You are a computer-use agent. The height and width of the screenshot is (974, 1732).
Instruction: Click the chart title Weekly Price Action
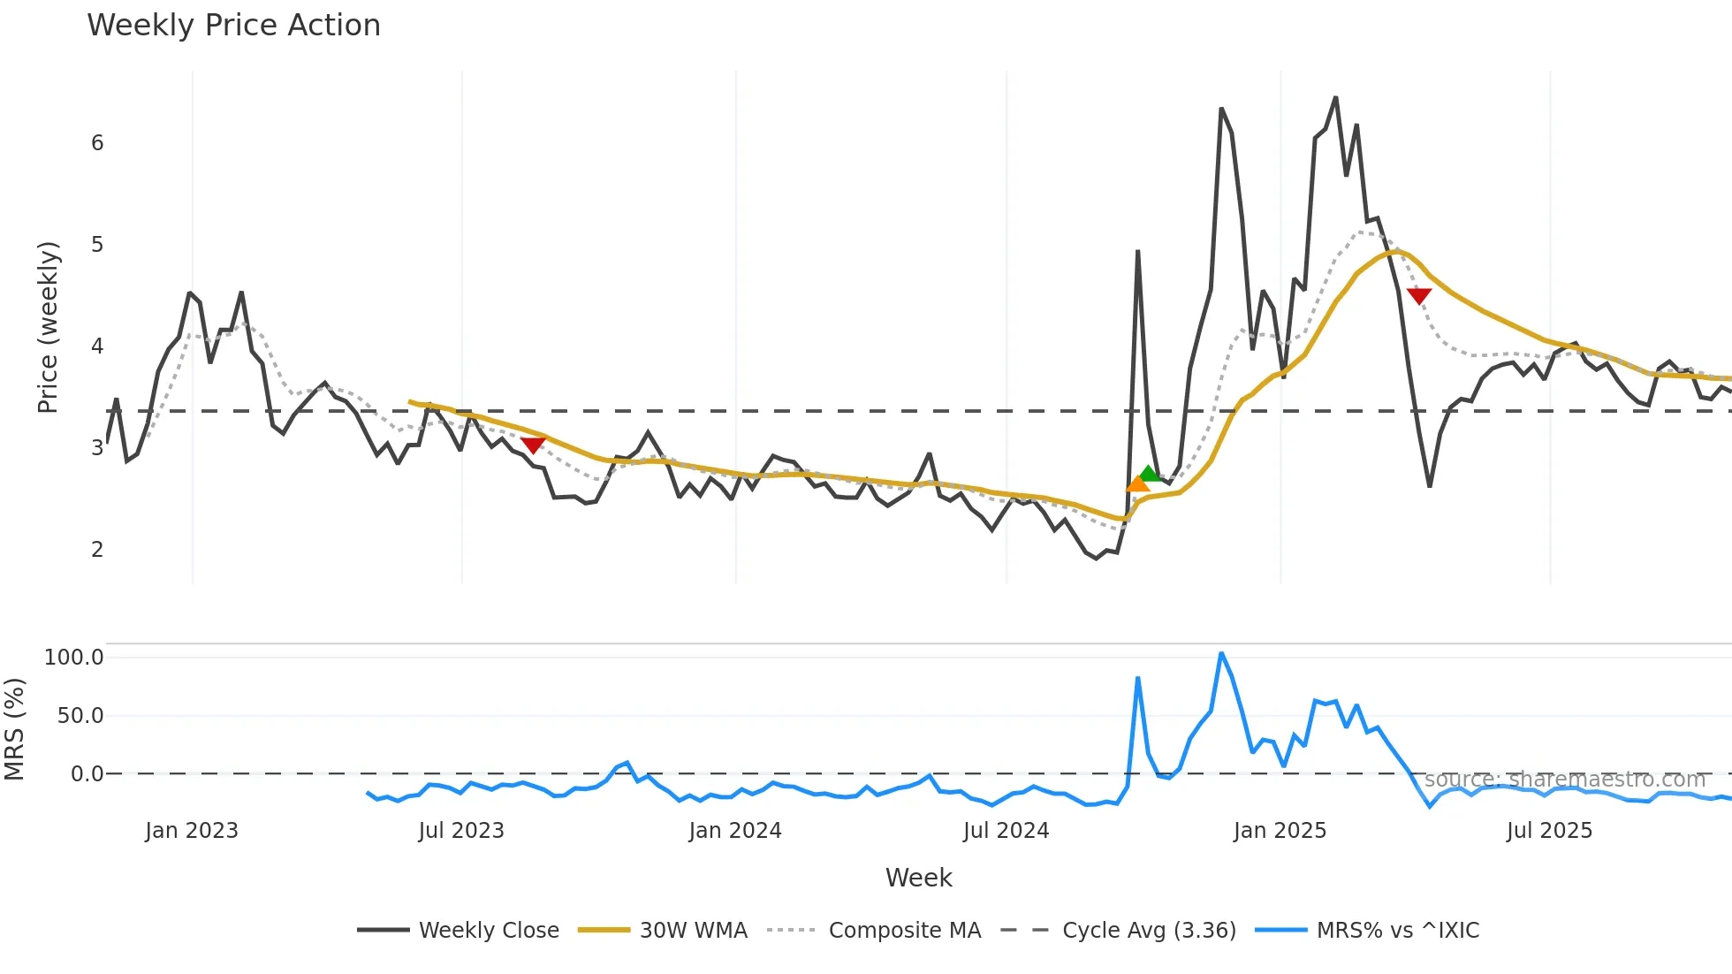click(x=233, y=26)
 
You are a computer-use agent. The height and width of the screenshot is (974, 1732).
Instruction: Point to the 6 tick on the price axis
click(x=97, y=143)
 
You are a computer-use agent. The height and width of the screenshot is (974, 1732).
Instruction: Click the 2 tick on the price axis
click(x=97, y=550)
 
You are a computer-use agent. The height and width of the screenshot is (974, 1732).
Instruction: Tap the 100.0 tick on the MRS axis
click(x=74, y=658)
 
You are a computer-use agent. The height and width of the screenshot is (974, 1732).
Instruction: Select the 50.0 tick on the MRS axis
click(x=80, y=716)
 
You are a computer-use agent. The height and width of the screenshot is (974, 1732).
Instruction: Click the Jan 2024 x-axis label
click(x=735, y=831)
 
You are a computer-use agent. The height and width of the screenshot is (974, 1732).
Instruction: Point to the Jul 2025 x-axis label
click(x=1549, y=831)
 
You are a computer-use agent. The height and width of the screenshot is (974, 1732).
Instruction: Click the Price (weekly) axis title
click(x=48, y=327)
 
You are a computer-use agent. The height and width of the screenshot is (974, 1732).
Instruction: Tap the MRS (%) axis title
click(x=15, y=729)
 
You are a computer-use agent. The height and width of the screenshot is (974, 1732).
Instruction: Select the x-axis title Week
click(x=918, y=878)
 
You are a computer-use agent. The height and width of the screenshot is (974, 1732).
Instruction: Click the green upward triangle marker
click(x=1149, y=474)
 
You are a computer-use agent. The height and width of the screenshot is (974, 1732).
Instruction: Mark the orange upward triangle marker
click(x=1137, y=483)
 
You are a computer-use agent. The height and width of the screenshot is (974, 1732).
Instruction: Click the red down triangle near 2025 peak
click(x=1418, y=295)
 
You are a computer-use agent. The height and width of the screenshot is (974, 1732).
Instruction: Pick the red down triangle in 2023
click(x=533, y=445)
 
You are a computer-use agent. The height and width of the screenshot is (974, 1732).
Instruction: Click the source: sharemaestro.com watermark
click(x=1564, y=780)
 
